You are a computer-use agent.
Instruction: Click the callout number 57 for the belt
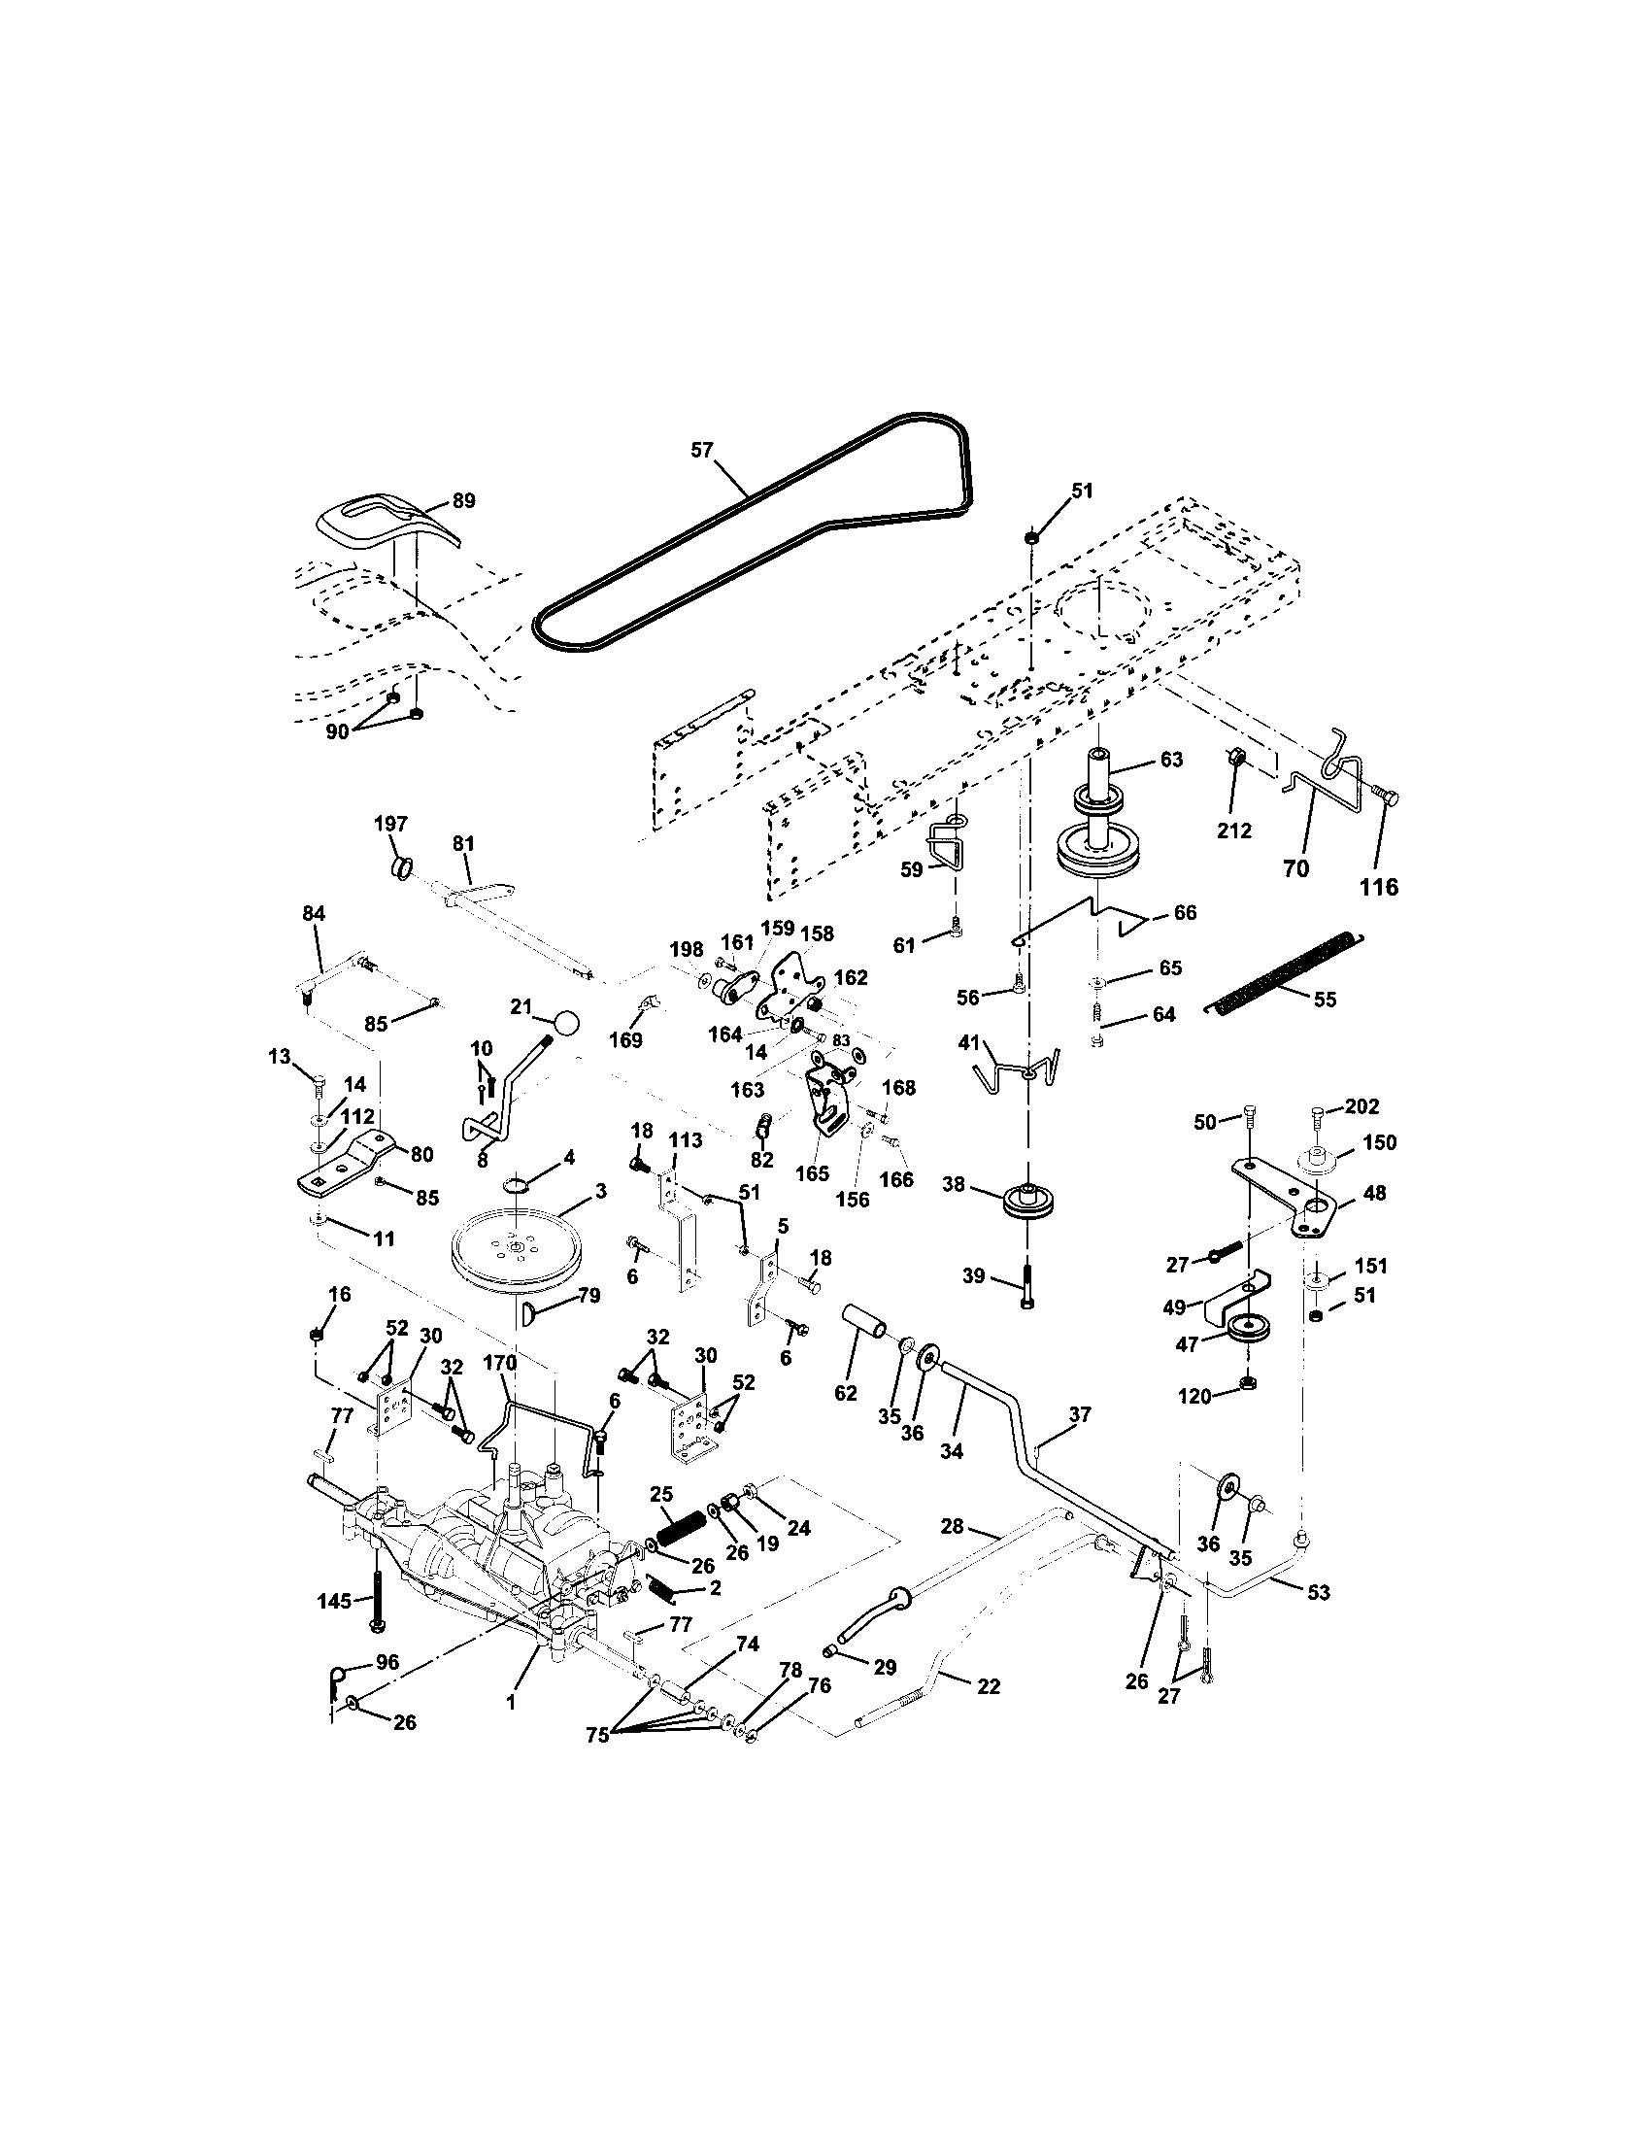701,450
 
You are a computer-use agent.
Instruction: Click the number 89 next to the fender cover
462,501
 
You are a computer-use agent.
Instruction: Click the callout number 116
1380,887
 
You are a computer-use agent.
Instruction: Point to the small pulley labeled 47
1247,1331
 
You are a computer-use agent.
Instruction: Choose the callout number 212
1234,831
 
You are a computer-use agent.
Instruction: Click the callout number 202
1361,1106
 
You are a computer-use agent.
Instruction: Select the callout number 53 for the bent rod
1319,1593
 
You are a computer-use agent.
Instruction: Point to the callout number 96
387,1662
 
